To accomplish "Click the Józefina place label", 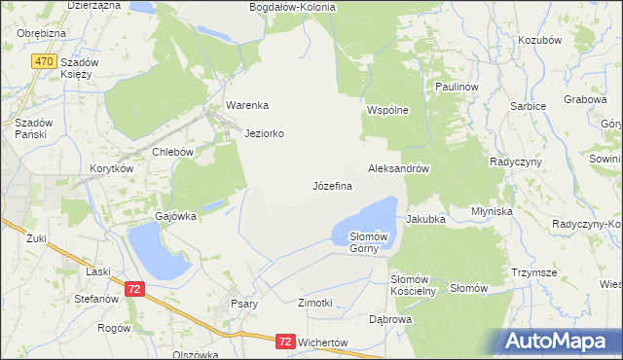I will pos(332,185).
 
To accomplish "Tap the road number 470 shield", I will pos(43,61).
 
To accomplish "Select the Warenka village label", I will pos(246,105).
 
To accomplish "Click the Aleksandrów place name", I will pos(399,168).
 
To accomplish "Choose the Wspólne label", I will pos(386,110).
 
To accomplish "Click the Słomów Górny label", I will pos(369,242).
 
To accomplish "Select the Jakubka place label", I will pos(425,219).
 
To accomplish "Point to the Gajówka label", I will pos(176,216).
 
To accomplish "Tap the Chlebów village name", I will pos(174,152).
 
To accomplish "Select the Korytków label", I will pos(111,168).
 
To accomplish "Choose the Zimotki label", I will pos(315,304).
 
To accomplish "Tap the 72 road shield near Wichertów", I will pos(284,342).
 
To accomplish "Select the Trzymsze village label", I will pos(533,273).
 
